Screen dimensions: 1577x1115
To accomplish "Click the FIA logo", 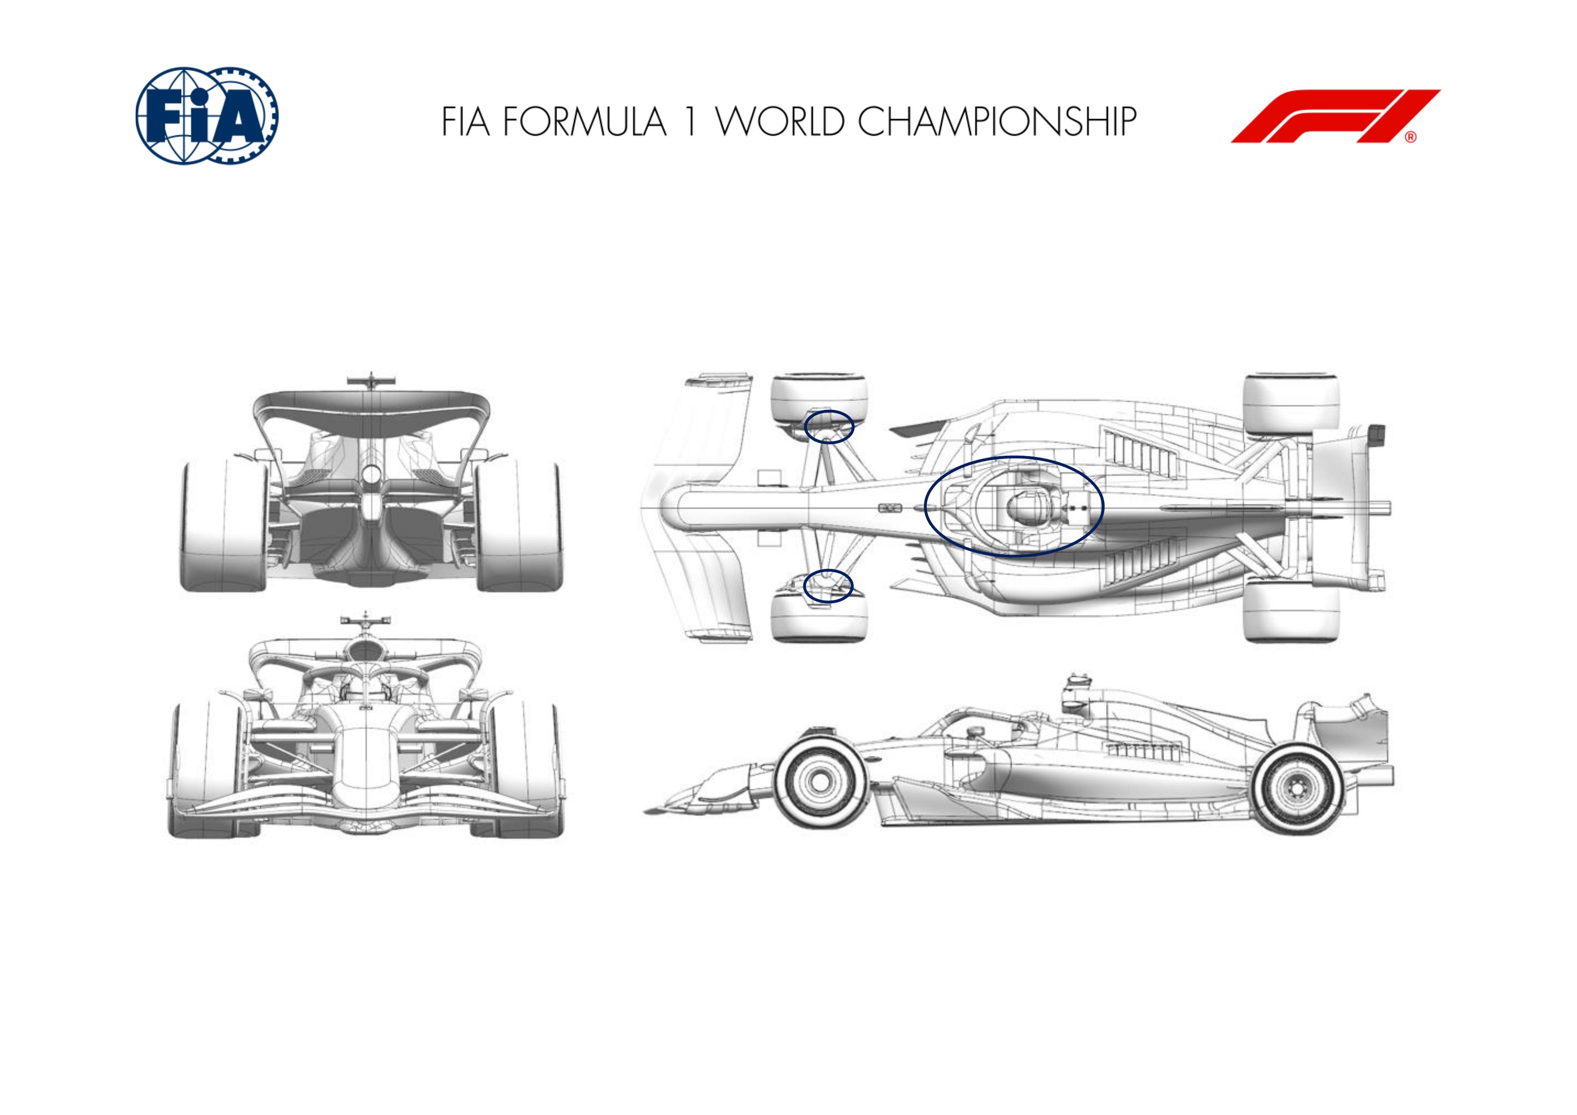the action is pos(207,115).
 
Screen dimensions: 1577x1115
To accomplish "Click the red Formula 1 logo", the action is pos(1335,116).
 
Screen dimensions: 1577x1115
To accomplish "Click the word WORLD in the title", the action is pos(780,121).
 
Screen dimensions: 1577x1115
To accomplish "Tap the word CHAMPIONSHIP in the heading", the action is pos(997,121).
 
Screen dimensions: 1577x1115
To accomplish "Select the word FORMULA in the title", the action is pos(584,121).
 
